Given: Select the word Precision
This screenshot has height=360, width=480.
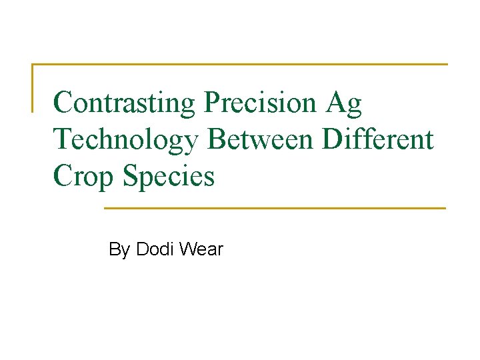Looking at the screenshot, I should [x=260, y=103].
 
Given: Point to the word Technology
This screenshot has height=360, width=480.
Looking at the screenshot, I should [x=127, y=139].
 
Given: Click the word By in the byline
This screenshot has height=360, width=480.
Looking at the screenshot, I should [x=119, y=250].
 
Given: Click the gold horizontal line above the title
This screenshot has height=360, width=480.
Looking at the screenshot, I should [x=240, y=65].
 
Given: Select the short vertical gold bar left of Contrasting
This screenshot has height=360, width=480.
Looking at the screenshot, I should [x=33, y=87].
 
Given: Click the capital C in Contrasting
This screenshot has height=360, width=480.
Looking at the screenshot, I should [x=63, y=103].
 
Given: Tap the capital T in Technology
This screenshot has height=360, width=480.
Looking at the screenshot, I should [x=62, y=139].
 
